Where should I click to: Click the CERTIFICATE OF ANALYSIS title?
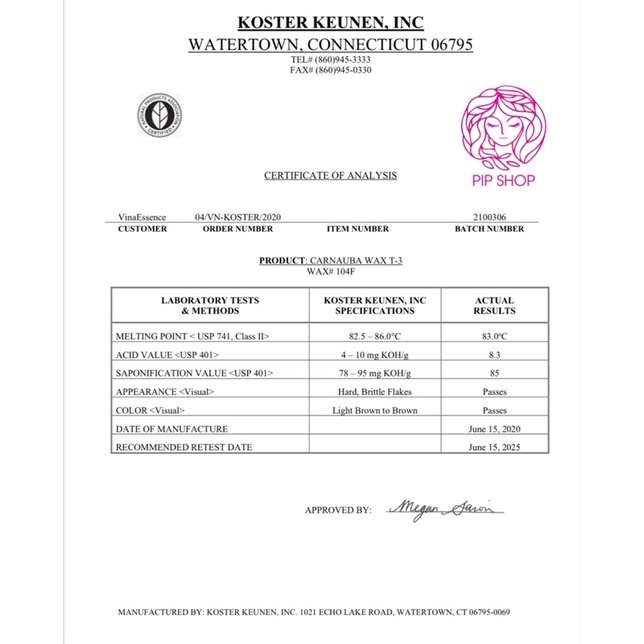pos(330,176)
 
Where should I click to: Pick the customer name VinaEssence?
pos(142,217)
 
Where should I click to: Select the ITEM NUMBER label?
pos(356,229)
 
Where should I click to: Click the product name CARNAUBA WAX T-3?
pos(353,260)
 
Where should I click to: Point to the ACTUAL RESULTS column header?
pos(494,306)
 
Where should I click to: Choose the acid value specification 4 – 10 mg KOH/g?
pos(376,355)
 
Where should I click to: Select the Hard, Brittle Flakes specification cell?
pos(376,392)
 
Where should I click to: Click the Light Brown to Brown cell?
pos(376,411)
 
